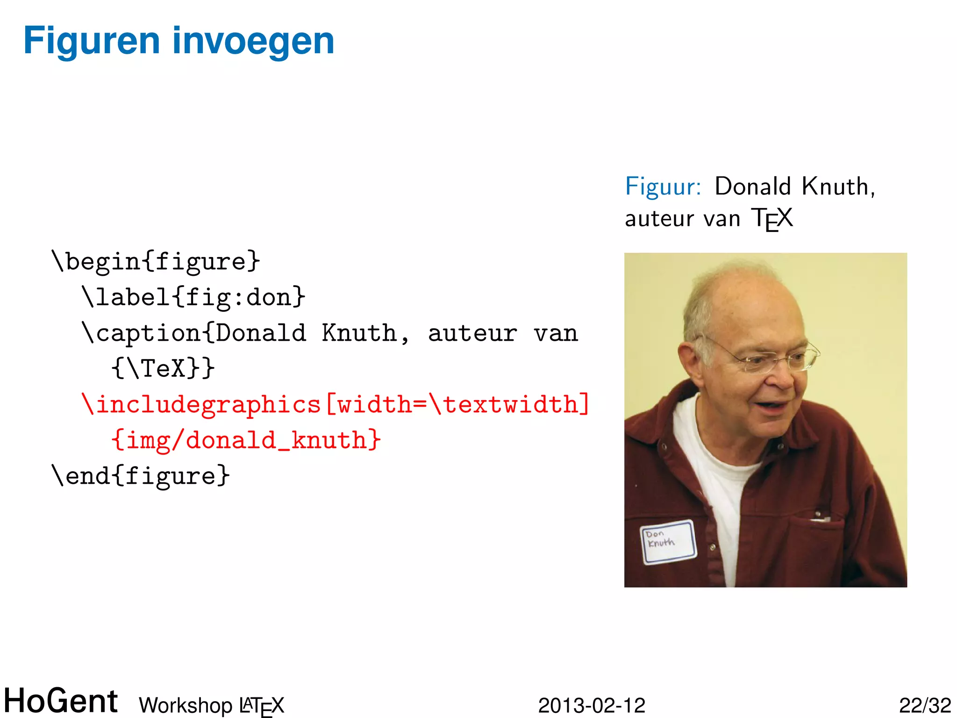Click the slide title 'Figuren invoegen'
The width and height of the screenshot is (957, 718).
[x=179, y=41]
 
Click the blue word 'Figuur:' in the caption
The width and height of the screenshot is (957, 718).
[x=663, y=187]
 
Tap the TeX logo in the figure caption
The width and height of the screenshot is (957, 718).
[x=771, y=219]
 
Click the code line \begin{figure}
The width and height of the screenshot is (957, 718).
[x=156, y=261]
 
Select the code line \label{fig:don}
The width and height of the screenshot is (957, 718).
[x=193, y=297]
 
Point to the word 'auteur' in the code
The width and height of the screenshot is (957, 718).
[x=472, y=333]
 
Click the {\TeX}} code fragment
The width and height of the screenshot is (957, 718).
[x=163, y=368]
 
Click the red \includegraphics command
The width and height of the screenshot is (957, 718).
[x=201, y=404]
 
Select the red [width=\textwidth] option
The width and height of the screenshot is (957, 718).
[x=457, y=404]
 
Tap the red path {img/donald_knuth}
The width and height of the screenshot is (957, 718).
[x=246, y=440]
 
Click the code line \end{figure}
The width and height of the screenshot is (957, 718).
[x=141, y=476]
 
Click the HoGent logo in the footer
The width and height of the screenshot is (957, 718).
[x=61, y=701]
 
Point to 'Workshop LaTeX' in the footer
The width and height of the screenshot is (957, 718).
[x=211, y=705]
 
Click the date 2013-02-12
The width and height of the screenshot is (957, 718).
[x=592, y=705]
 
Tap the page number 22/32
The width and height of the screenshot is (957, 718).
[x=925, y=705]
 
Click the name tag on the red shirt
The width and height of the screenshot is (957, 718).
[x=668, y=542]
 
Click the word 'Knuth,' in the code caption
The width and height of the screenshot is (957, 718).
[x=365, y=333]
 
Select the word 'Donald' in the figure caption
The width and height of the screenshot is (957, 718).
[x=752, y=187]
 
